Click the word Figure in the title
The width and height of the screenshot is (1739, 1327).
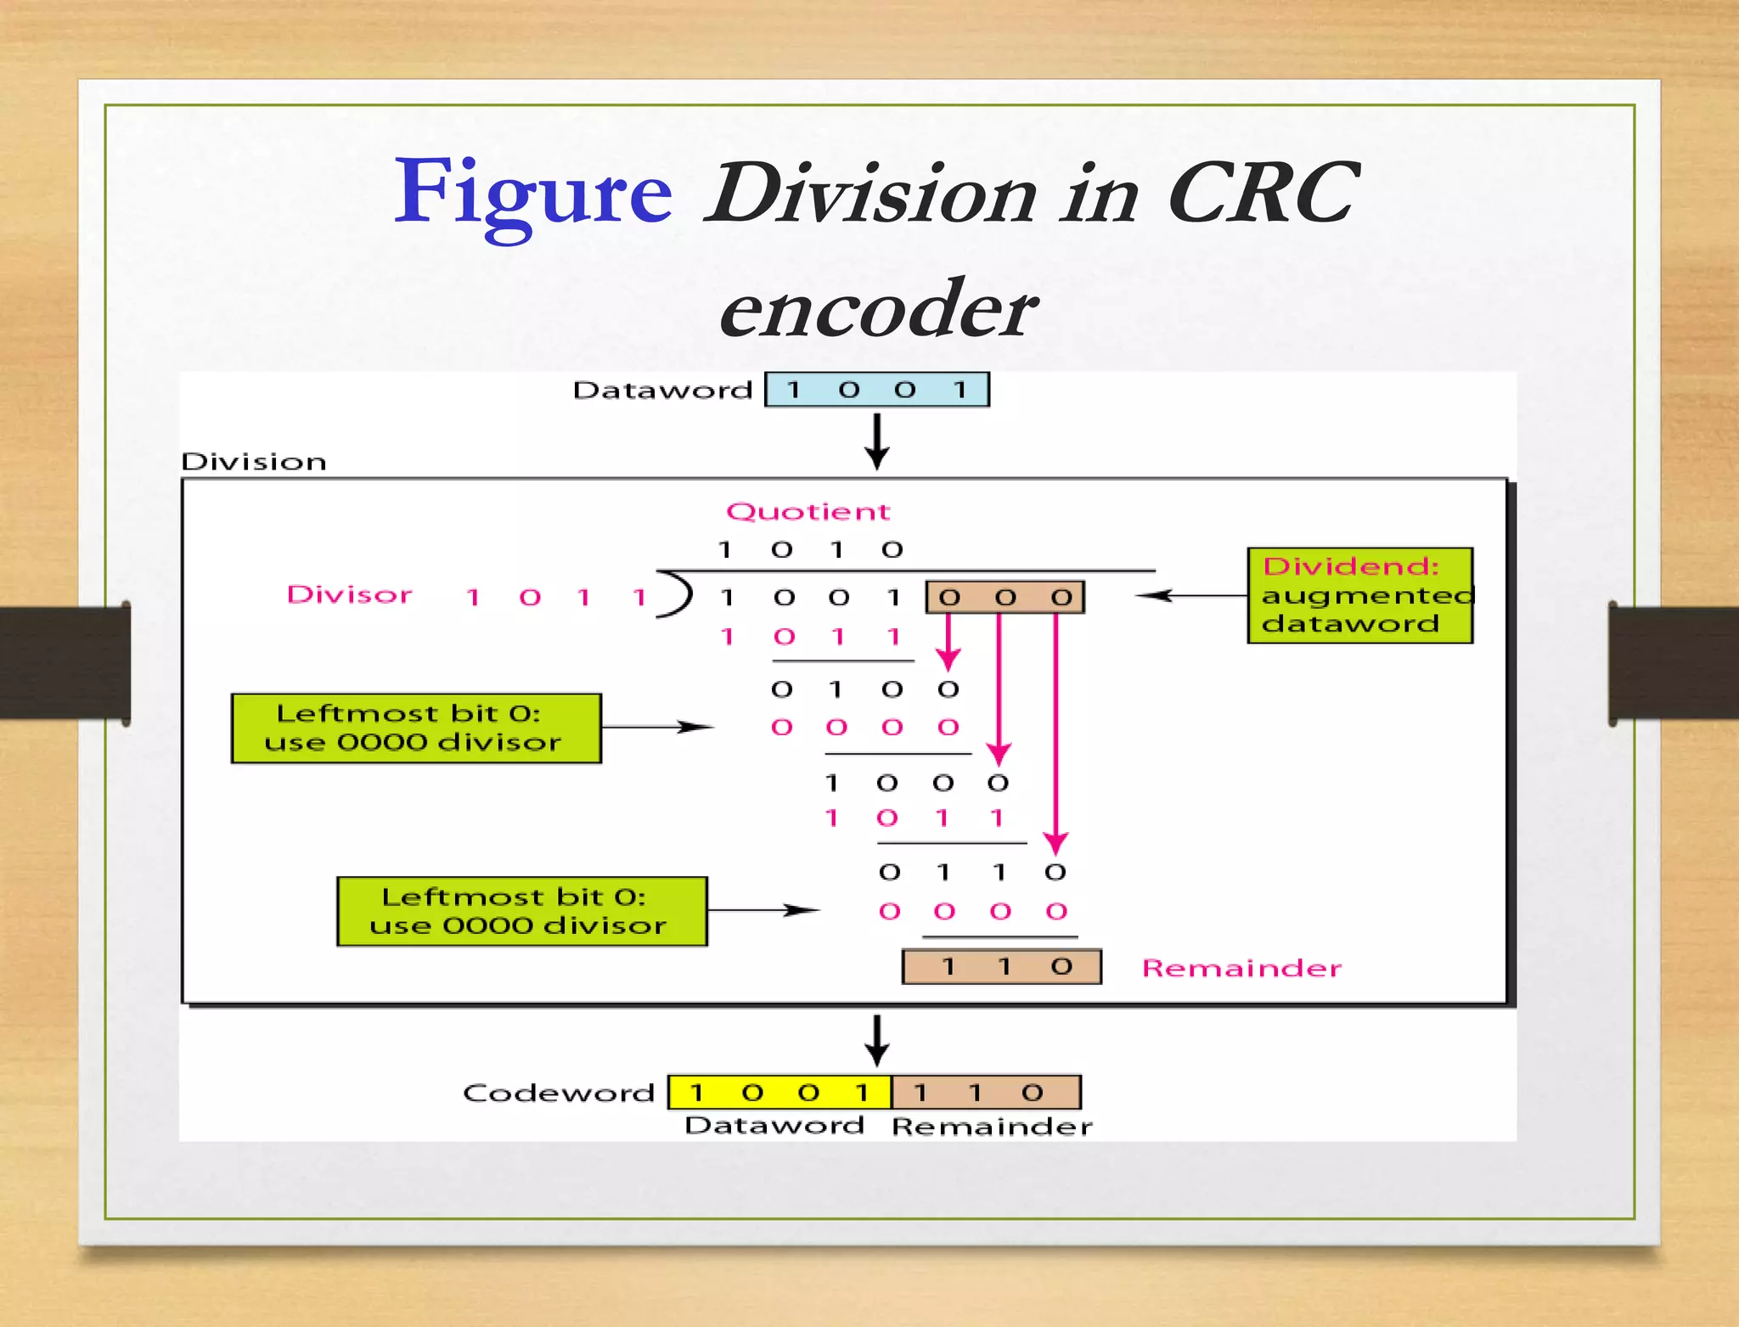point(533,194)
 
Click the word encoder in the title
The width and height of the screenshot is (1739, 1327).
point(877,309)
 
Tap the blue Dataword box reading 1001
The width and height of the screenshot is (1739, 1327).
point(877,390)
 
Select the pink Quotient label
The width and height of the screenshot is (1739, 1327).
point(808,511)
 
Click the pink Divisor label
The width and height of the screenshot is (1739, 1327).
point(349,594)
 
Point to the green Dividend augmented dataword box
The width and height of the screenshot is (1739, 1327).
point(1359,595)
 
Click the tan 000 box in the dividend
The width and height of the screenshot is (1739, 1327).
point(1005,598)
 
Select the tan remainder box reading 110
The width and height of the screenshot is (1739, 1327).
point(1002,967)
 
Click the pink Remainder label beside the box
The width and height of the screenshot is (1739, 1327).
point(1241,968)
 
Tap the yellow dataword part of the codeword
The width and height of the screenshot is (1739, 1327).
point(779,1093)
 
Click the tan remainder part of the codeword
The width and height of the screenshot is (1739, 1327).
point(986,1093)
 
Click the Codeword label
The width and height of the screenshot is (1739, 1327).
point(558,1093)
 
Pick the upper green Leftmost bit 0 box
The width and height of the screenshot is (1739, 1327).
point(416,728)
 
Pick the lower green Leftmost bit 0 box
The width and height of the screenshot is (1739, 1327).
point(521,911)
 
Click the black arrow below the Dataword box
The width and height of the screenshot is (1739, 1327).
point(877,441)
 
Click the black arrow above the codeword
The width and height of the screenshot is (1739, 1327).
point(877,1040)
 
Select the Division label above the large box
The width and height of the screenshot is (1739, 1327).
point(253,462)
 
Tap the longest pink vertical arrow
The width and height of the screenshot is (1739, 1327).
point(1055,730)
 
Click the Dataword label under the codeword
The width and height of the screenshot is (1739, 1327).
point(774,1126)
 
